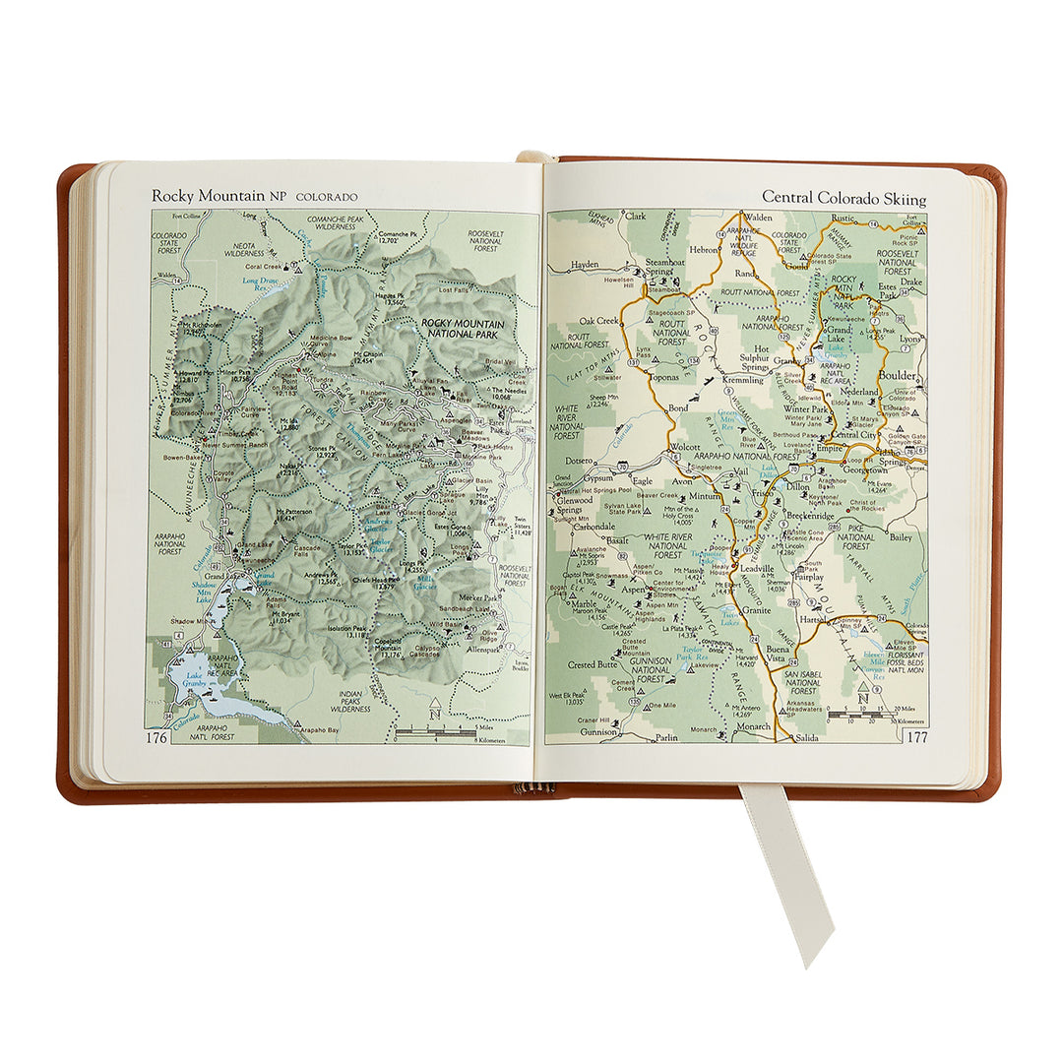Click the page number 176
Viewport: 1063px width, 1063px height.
pos(156,737)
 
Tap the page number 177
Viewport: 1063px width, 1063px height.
pos(916,736)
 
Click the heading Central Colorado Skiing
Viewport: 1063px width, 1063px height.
pos(844,199)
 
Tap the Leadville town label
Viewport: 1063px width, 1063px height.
pos(757,569)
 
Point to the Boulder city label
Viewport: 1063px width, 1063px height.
pos(898,376)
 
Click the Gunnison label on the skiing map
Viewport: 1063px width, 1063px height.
pos(597,732)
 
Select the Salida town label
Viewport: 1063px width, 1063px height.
pos(806,736)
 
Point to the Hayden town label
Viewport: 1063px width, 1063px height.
pos(584,265)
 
